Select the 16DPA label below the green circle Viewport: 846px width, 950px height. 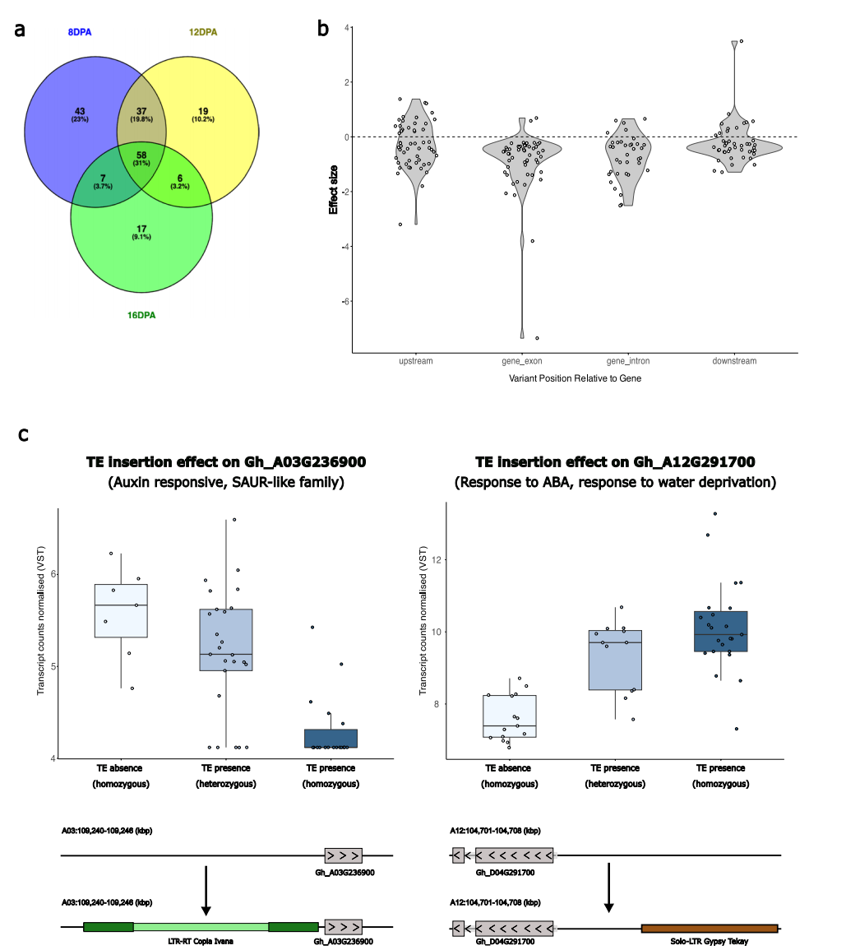141,315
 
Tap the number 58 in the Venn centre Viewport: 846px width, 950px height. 143,155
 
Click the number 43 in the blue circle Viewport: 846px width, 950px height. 80,111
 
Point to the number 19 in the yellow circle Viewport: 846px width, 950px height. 203,111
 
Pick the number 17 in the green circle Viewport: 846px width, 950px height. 141,229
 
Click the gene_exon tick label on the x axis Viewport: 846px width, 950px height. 521,361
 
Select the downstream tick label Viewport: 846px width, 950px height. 735,361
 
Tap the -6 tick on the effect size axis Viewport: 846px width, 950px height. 346,301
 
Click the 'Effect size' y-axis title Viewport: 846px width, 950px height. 334,191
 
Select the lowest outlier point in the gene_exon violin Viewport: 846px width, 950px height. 537,338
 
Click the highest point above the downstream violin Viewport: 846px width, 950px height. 741,41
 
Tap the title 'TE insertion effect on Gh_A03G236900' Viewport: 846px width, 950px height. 225,462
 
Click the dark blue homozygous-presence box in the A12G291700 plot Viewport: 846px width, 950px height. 720,631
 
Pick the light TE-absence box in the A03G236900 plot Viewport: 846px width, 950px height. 121,610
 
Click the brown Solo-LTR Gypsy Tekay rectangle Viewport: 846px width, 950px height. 709,929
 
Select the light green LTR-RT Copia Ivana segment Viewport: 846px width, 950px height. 201,927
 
